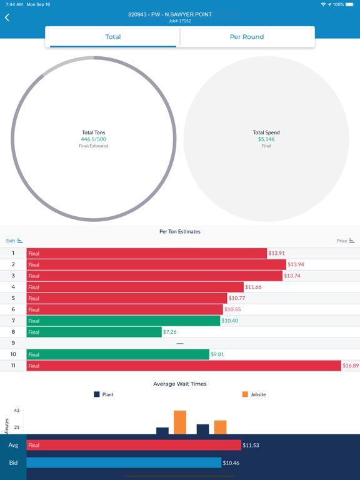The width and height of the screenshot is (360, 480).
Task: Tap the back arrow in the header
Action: tap(7, 17)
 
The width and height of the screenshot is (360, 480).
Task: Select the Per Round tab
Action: tap(247, 37)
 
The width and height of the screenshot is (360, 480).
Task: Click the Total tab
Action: tap(113, 37)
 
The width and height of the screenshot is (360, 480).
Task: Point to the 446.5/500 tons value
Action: tap(93, 139)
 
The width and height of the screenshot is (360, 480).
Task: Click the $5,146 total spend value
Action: tap(266, 139)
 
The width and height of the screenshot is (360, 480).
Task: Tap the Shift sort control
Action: tap(14, 241)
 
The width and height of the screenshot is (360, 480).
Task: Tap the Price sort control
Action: tap(346, 241)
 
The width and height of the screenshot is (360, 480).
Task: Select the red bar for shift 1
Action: tap(147, 253)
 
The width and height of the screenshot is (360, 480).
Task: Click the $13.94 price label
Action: tap(296, 264)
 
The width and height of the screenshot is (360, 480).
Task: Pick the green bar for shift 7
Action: tap(124, 321)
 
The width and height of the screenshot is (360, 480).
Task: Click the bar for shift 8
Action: tap(94, 332)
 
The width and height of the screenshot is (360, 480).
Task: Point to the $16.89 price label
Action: tap(350, 366)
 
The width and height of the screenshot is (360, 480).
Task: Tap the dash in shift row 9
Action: tap(180, 343)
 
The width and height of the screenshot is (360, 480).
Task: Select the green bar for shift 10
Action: tap(118, 354)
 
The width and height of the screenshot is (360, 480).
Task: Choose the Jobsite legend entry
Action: tap(252, 394)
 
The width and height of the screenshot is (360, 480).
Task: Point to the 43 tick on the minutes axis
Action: tap(17, 411)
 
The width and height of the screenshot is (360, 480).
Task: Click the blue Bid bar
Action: tap(124, 462)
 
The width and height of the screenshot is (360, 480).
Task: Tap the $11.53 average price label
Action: tap(252, 445)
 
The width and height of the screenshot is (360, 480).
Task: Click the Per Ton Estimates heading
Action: tap(180, 231)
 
